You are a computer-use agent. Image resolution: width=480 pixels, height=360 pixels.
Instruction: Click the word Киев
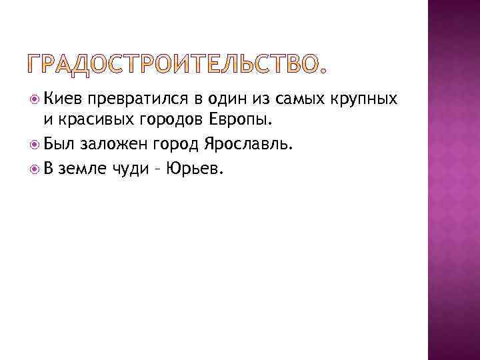[x=61, y=99]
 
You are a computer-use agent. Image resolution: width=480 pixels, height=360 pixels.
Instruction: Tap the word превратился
[x=134, y=99]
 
